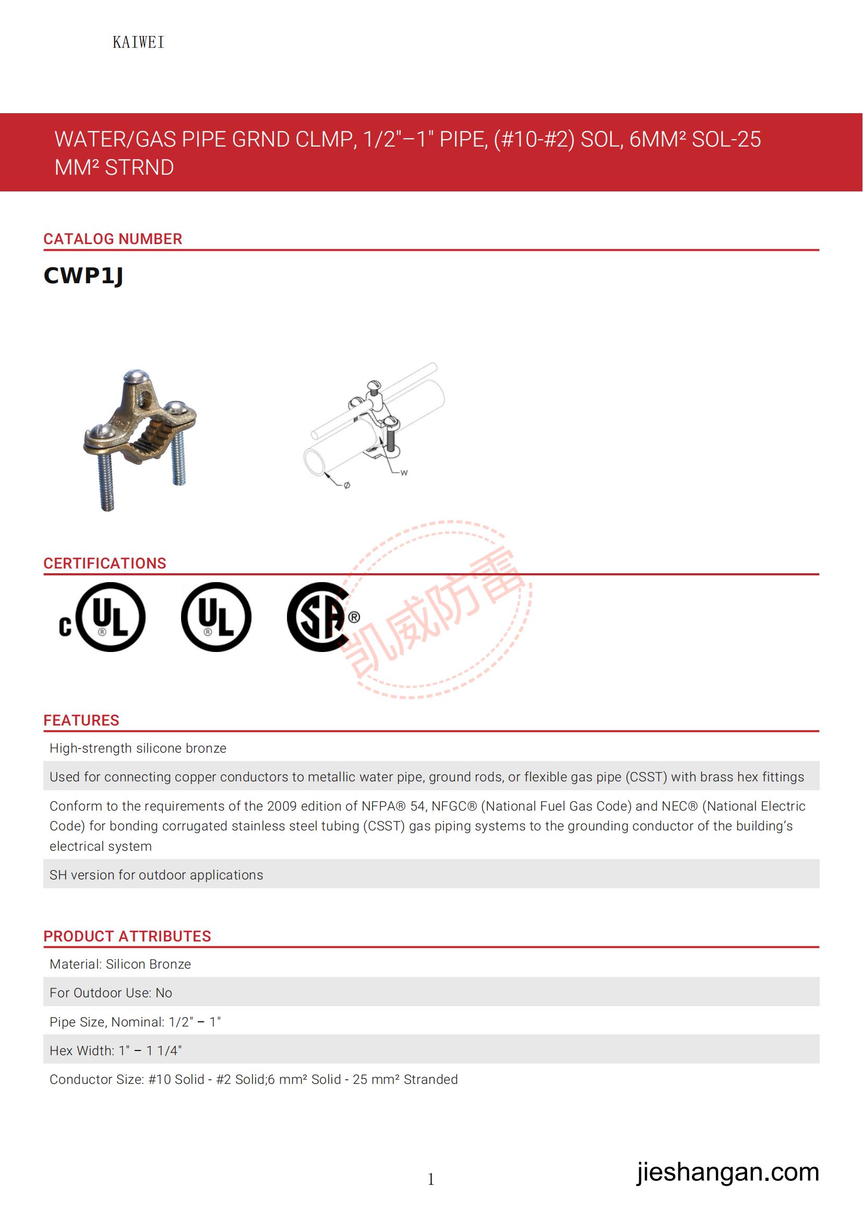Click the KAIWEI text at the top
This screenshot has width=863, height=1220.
[x=138, y=42]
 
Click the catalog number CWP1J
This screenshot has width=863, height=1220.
[x=83, y=276]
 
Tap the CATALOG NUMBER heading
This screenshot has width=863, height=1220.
[x=113, y=239]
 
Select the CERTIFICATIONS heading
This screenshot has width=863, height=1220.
[x=105, y=563]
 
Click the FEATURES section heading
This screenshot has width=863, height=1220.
[x=81, y=720]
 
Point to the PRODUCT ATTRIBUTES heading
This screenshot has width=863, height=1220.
[x=127, y=936]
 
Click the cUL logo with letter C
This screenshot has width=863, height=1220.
[x=103, y=618]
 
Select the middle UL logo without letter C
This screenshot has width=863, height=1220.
[x=216, y=618]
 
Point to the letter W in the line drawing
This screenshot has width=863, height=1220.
[x=404, y=473]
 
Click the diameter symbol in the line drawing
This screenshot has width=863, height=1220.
[x=346, y=485]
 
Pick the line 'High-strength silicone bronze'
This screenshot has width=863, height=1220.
[x=138, y=748]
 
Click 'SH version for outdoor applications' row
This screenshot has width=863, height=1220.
[x=156, y=875]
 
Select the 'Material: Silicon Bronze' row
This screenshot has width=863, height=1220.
[x=120, y=964]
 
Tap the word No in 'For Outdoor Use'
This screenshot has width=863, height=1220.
[x=164, y=993]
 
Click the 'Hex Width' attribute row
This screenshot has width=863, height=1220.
[x=115, y=1050]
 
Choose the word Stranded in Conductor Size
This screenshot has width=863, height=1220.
[x=430, y=1079]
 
